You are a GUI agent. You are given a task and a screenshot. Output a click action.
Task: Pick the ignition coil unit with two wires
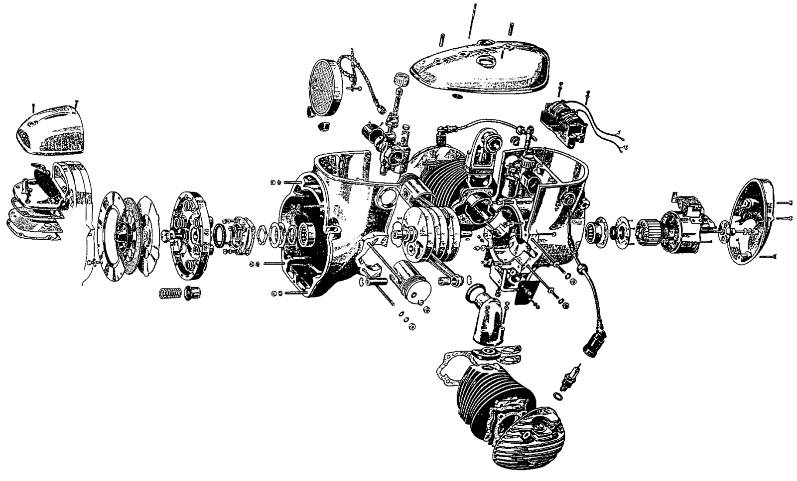(563, 122)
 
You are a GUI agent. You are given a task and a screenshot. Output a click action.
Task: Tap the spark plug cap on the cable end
(592, 343)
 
